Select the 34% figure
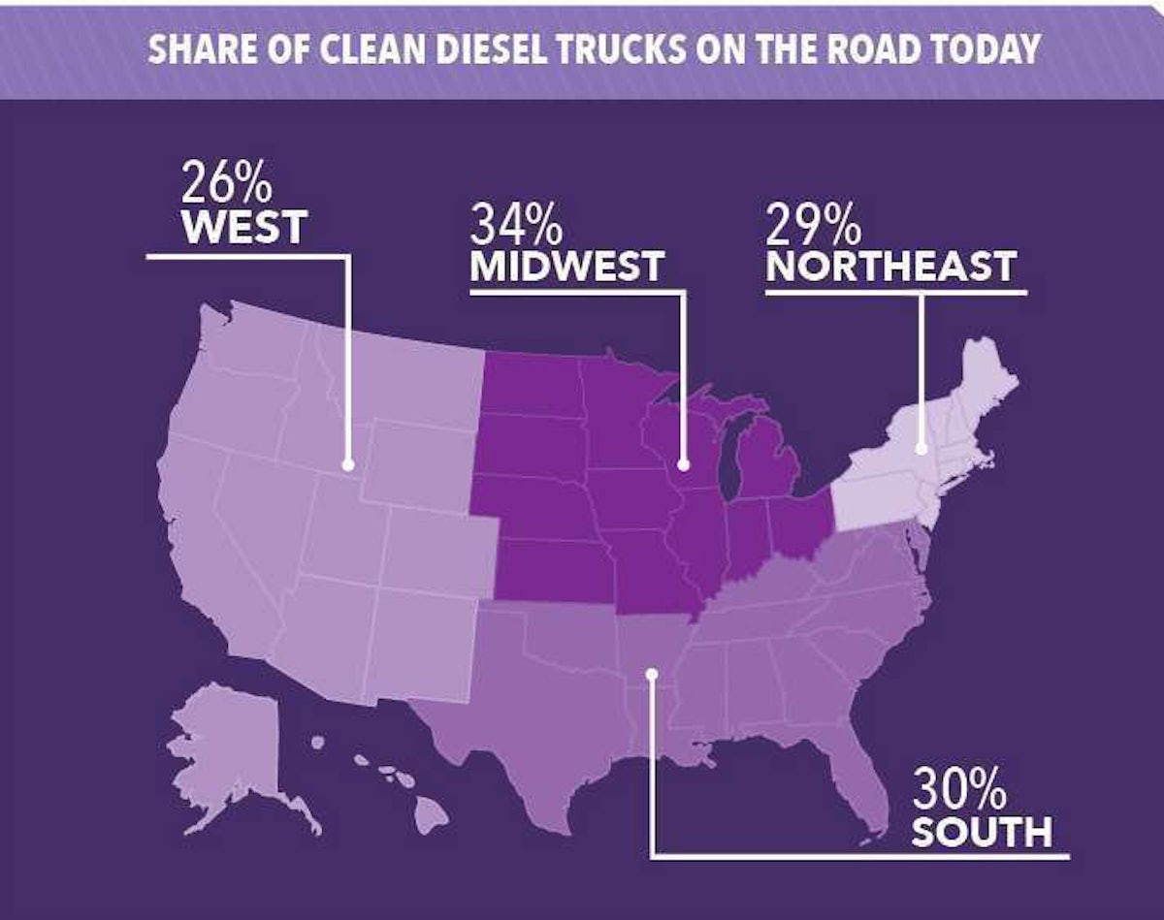[516, 225]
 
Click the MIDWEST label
[567, 266]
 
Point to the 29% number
[814, 225]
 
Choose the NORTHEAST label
[890, 266]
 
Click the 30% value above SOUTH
[959, 793]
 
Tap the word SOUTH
[981, 832]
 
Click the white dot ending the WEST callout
[346, 464]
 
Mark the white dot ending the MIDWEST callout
[684, 464]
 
